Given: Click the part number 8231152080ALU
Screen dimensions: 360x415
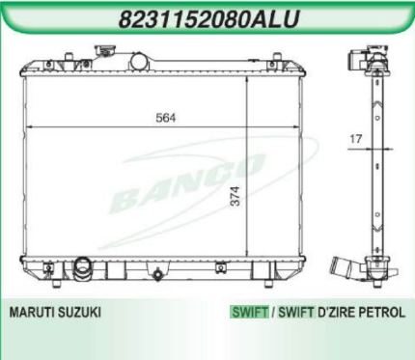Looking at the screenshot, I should click(208, 18).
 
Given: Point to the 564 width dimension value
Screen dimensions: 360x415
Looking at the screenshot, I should click(165, 117).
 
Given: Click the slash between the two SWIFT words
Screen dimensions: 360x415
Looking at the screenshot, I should click(273, 314).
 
